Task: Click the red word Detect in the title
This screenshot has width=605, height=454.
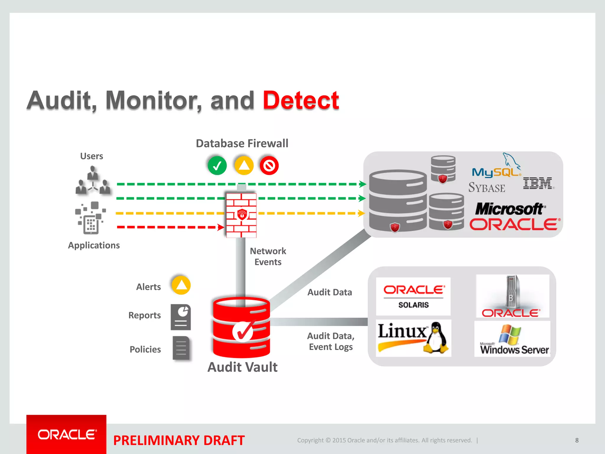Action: click(x=301, y=100)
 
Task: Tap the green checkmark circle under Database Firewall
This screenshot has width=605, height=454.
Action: click(x=217, y=166)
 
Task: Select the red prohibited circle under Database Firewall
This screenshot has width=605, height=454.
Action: click(x=269, y=166)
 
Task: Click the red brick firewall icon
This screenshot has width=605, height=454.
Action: click(x=241, y=215)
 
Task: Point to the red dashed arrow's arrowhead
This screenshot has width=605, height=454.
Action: click(x=221, y=227)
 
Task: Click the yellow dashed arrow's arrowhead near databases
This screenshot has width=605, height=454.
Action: click(x=362, y=213)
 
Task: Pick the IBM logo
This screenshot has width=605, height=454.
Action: click(x=538, y=184)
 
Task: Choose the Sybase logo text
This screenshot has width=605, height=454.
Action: click(x=487, y=187)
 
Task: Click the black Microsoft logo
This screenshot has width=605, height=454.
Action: click(x=509, y=209)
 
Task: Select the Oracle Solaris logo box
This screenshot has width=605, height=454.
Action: click(x=413, y=296)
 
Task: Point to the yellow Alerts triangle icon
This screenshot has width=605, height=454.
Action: click(x=181, y=285)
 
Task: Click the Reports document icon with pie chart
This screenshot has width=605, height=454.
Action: click(x=181, y=317)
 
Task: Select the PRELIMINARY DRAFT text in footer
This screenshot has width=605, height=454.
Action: click(x=179, y=440)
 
